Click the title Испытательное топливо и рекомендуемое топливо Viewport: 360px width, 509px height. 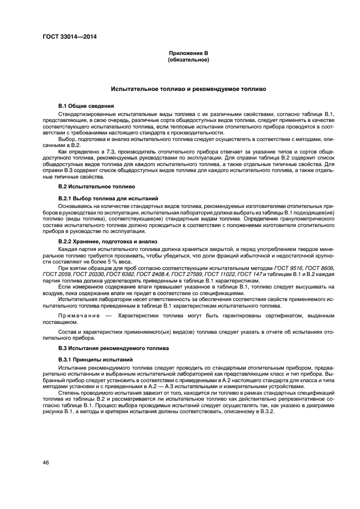188,88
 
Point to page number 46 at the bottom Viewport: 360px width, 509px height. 47,462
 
